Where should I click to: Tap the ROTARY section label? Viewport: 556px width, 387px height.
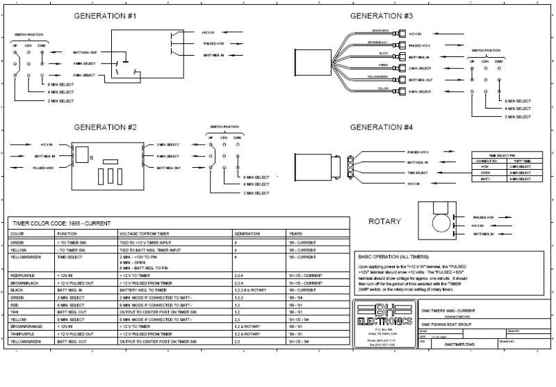click(x=383, y=221)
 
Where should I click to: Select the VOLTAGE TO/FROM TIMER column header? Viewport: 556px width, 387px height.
click(x=144, y=234)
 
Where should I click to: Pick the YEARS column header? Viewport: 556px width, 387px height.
click(x=295, y=234)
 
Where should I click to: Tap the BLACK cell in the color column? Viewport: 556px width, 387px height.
click(x=17, y=289)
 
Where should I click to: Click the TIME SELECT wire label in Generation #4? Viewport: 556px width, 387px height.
click(x=418, y=173)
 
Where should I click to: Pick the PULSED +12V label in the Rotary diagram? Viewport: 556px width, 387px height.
click(x=484, y=217)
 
